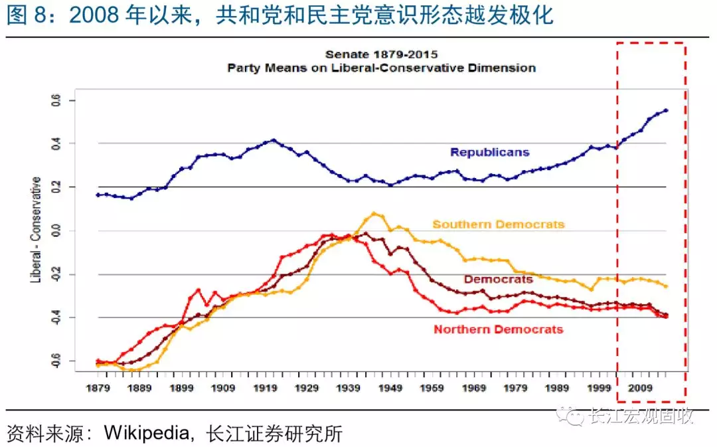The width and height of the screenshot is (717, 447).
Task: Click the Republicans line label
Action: pos(489,152)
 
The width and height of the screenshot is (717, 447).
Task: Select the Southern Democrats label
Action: pos(499,224)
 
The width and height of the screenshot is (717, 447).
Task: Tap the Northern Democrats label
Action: pos(498,329)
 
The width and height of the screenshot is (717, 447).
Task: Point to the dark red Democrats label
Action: pos(498,280)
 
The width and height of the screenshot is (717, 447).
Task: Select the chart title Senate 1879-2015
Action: pos(381,54)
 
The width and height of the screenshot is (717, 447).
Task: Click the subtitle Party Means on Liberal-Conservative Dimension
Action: pos(381,68)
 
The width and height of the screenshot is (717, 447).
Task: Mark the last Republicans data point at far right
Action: pos(665,110)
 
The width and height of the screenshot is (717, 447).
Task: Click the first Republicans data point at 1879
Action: pos(98,195)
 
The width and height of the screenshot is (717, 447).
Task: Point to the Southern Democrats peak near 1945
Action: pos(374,213)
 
